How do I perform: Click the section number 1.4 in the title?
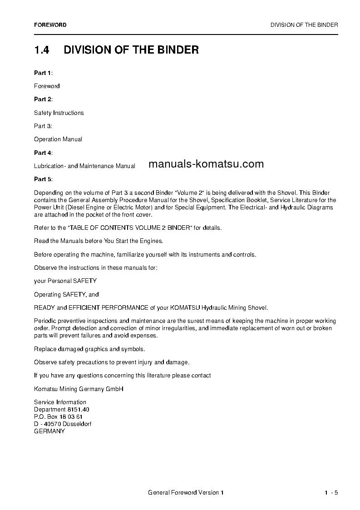[x=41, y=50]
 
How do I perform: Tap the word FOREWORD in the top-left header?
[x=50, y=25]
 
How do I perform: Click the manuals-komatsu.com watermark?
[x=206, y=164]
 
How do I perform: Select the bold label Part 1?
[x=43, y=73]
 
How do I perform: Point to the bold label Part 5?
[x=43, y=179]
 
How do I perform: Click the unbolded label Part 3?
[x=43, y=126]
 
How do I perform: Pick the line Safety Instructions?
[x=59, y=113]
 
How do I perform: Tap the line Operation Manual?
[x=58, y=139]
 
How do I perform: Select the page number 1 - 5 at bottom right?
[x=331, y=493]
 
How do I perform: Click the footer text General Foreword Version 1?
[x=186, y=493]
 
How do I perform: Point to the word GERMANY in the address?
[x=49, y=431]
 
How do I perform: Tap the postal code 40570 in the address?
[x=49, y=424]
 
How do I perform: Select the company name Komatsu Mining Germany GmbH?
[x=79, y=389]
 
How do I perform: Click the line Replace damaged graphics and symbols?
[x=89, y=349]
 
